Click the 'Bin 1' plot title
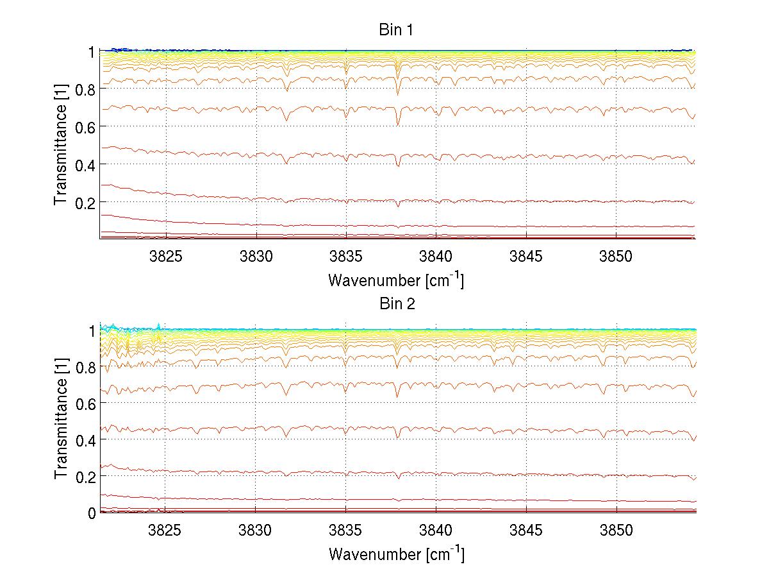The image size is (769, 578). pos(397,30)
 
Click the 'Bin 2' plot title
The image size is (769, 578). pos(397,304)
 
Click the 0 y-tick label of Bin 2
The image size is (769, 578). pos(92,513)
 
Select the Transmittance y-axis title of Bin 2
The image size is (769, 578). pos(61,420)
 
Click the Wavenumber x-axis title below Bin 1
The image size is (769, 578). pos(397,280)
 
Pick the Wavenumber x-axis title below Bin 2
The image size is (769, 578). pos(397,554)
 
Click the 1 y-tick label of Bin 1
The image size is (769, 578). pos(92,51)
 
